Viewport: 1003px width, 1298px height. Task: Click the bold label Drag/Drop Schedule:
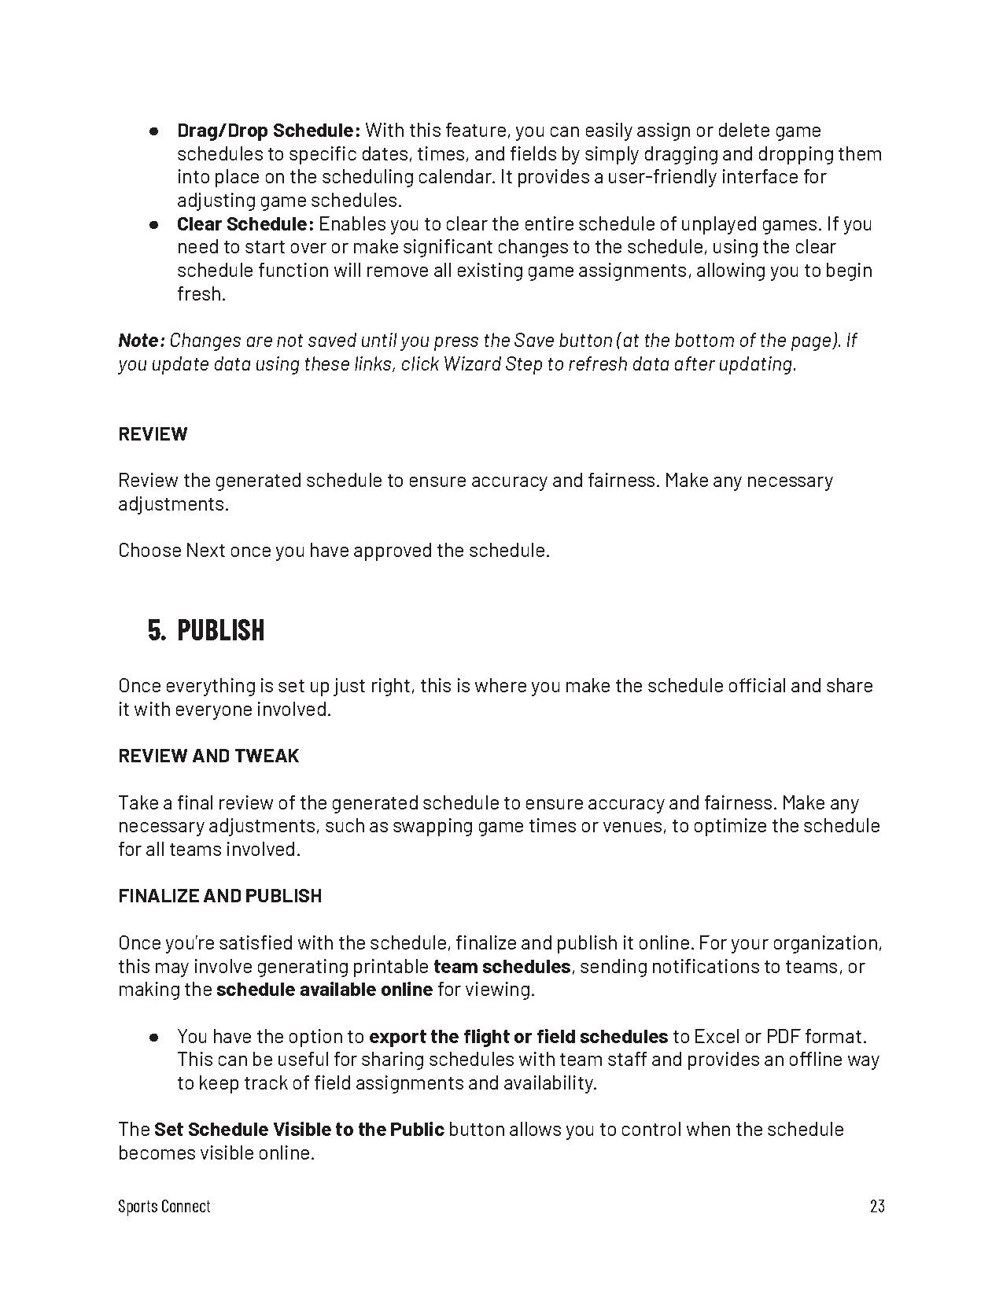[x=268, y=131]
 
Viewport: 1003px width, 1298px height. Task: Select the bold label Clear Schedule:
[x=245, y=224]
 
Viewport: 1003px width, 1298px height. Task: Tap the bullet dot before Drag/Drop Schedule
[x=155, y=131]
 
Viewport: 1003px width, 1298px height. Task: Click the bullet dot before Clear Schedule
[x=155, y=224]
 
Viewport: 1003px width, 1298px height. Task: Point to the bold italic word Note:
[x=142, y=341]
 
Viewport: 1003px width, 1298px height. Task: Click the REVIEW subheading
[x=153, y=434]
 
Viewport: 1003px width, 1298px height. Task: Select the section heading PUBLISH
[x=220, y=631]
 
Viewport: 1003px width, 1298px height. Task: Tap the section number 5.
[x=157, y=631]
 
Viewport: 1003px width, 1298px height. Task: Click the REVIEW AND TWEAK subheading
[x=208, y=756]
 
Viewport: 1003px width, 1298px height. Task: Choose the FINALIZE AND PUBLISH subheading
[x=219, y=896]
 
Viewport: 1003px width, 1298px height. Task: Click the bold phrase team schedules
[x=502, y=966]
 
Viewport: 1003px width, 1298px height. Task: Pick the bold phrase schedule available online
[x=324, y=990]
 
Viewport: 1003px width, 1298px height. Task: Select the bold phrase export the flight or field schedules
[x=518, y=1037]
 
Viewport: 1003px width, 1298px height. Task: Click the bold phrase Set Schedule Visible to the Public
[x=299, y=1130]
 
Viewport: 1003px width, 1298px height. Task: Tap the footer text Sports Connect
[x=164, y=1206]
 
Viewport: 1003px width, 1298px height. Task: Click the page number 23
[x=877, y=1206]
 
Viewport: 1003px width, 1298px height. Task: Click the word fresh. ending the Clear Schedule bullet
[x=201, y=294]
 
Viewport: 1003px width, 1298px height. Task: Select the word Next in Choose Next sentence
[x=205, y=551]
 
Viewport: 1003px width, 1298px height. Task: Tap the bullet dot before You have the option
[x=155, y=1037]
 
